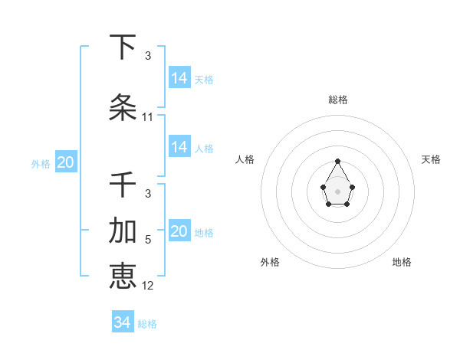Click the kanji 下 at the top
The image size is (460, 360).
(123, 47)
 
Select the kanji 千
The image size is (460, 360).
(123, 185)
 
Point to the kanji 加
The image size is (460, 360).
(123, 231)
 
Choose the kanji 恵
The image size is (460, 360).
(123, 275)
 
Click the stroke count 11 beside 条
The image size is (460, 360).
(148, 117)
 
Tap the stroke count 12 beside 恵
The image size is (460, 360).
(148, 285)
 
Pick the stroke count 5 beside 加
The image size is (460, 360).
(148, 240)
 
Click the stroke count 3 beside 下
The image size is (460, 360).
(148, 56)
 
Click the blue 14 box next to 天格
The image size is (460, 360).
(179, 78)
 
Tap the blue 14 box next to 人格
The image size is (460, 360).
(179, 147)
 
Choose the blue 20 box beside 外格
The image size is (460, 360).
(66, 162)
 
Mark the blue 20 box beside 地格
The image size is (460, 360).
(179, 231)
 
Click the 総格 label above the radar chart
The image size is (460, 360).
(338, 100)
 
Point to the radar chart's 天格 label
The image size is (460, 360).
(432, 159)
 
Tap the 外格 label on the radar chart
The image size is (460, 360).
(270, 262)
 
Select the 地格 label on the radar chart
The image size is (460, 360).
(402, 262)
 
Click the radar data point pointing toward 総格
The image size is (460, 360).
(338, 161)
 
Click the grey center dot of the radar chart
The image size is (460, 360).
(338, 191)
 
